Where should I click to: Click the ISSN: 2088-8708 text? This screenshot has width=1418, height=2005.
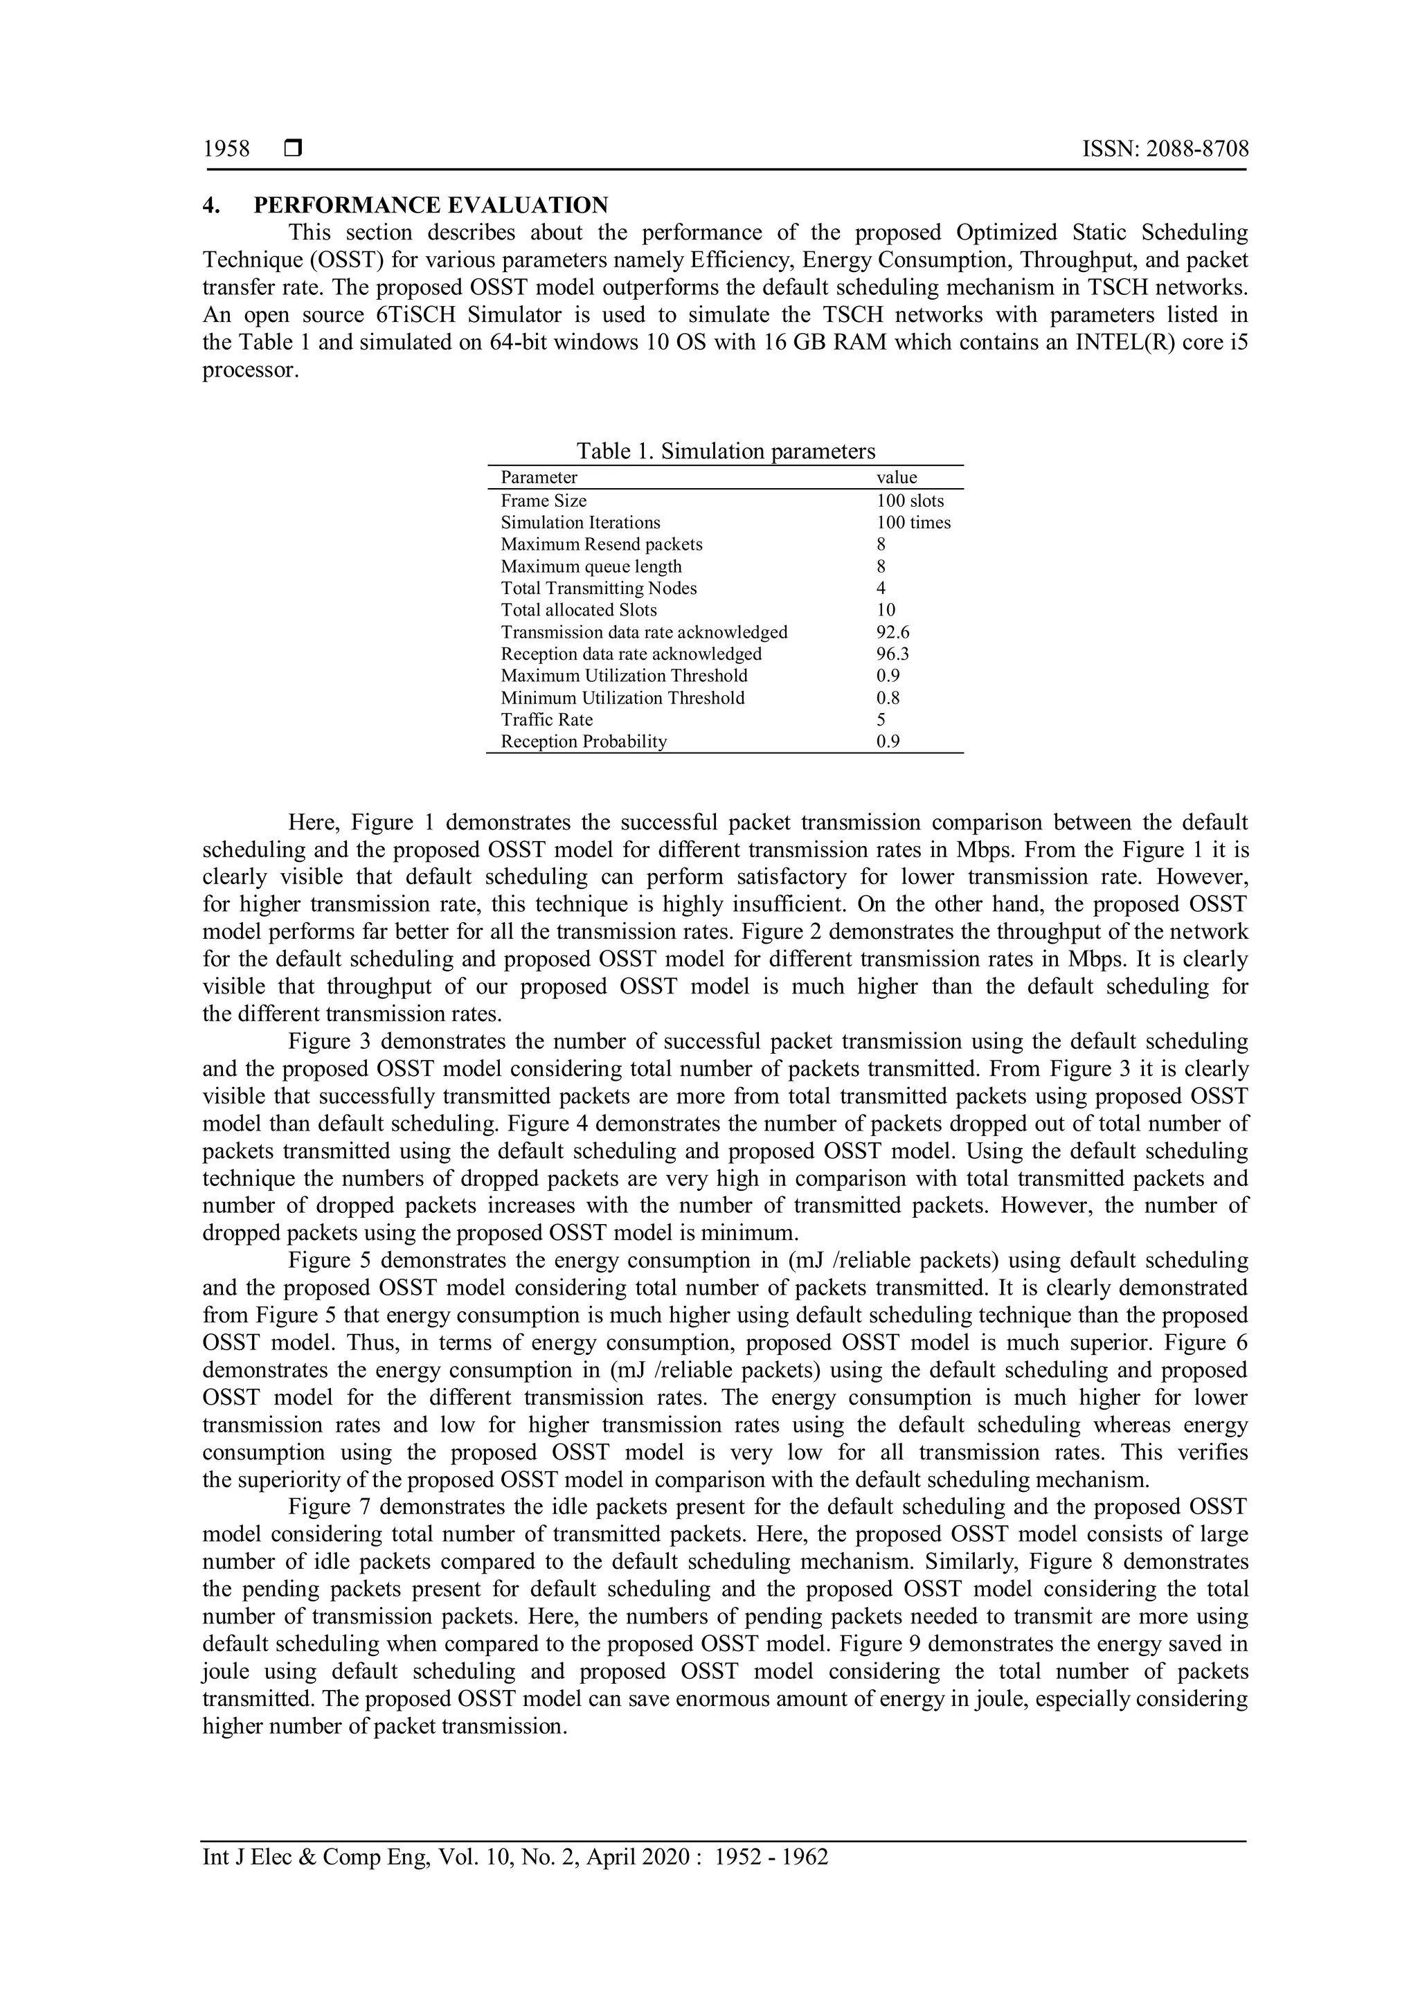pos(1165,150)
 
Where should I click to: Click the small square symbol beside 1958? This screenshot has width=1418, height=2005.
pos(292,150)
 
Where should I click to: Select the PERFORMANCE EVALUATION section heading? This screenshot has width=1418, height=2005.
pos(431,206)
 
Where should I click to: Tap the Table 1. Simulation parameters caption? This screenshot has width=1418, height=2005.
pos(726,451)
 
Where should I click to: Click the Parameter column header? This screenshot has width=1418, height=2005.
pos(539,478)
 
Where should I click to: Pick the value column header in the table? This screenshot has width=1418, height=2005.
pos(897,478)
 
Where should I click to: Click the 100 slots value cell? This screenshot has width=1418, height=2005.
pos(910,501)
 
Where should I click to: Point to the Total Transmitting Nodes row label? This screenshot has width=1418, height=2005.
pos(599,588)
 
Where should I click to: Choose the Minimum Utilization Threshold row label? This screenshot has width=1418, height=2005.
pos(622,698)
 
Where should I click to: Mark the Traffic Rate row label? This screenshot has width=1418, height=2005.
pos(546,719)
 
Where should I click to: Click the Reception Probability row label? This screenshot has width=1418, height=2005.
pos(583,741)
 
